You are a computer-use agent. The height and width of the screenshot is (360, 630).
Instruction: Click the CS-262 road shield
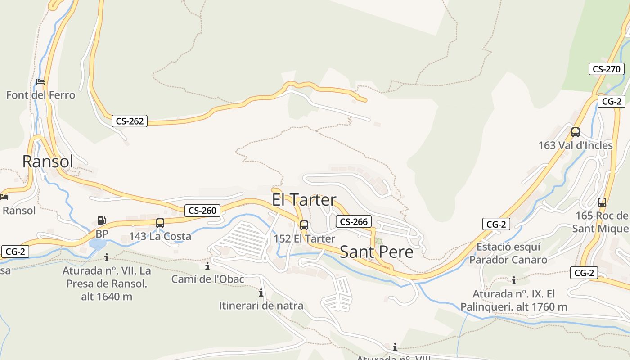[x=130, y=121]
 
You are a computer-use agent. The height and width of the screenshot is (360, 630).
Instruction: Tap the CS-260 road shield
[x=202, y=210]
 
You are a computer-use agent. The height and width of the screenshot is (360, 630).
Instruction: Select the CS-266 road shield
[x=354, y=221]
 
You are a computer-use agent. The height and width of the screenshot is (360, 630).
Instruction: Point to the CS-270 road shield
[x=607, y=69]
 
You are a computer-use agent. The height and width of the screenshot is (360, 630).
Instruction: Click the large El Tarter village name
[x=304, y=199]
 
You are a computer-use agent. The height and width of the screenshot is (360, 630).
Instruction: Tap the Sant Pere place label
[x=376, y=252]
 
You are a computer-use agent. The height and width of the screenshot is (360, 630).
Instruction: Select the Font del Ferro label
[x=40, y=95]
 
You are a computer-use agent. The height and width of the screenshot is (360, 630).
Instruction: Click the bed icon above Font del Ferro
[x=40, y=82]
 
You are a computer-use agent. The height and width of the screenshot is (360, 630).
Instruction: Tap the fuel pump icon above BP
[x=102, y=220]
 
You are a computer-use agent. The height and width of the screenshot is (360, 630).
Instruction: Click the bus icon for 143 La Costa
[x=160, y=223]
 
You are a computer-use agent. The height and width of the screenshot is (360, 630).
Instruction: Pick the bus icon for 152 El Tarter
[x=304, y=225]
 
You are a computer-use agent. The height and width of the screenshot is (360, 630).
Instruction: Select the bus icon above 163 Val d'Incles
[x=576, y=132]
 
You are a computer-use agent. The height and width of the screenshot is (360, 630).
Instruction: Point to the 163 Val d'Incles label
[x=576, y=145]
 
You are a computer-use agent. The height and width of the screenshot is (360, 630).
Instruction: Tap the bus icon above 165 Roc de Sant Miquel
[x=602, y=202]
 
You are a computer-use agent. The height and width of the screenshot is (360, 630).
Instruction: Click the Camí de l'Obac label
[x=207, y=279]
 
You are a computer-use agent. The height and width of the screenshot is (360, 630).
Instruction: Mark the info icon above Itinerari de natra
[x=261, y=293]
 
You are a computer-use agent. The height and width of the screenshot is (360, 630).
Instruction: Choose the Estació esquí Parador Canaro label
[x=508, y=253]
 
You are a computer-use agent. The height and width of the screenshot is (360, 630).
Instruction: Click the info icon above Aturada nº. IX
[x=514, y=281]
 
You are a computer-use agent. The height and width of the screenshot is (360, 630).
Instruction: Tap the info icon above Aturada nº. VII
[x=107, y=258]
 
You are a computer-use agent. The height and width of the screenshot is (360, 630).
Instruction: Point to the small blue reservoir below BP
[x=98, y=244]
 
